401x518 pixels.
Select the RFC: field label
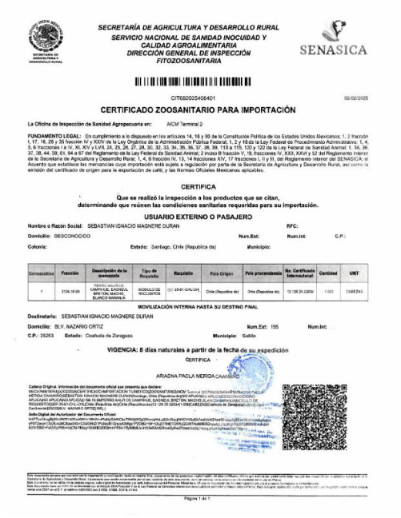point(291,226)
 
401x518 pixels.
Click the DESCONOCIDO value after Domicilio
point(74,236)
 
